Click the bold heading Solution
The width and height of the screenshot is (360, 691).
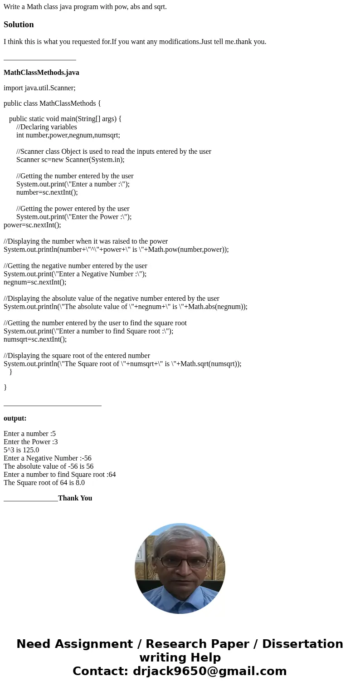19,25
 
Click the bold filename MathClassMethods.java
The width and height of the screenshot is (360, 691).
41,73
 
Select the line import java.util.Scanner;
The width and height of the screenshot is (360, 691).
39,88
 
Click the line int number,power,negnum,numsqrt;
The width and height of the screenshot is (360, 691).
68,135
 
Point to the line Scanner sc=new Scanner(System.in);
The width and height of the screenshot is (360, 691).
70,160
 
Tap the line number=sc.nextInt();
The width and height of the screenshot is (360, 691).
47,192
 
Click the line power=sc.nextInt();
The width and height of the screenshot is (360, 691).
32,225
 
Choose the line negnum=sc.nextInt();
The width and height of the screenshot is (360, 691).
35,282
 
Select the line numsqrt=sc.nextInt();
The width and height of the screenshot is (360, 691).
35,339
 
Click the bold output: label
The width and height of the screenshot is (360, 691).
15,418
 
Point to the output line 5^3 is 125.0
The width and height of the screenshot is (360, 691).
21,450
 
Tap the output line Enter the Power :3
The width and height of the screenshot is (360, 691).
30,442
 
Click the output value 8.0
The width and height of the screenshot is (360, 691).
80,483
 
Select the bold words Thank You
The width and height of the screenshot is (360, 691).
75,498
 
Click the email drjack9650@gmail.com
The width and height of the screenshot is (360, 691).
209,671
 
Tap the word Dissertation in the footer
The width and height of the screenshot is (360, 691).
302,644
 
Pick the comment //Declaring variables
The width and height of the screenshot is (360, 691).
47,127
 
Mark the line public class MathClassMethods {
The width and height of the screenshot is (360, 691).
52,103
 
